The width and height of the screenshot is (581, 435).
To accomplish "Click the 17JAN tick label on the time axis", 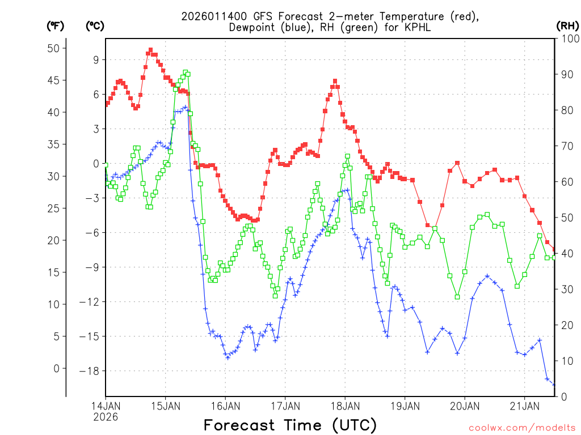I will click(285, 406).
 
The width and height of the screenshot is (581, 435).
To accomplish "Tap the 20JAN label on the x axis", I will click(464, 406).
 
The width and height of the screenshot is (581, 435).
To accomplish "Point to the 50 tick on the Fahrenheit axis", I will click(53, 48).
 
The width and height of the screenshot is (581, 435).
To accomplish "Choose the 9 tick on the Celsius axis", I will click(96, 59).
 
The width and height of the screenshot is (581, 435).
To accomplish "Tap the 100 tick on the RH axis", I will click(567, 39).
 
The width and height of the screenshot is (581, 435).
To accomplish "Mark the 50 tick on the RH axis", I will click(565, 217).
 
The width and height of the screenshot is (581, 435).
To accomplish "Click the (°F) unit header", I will click(56, 25).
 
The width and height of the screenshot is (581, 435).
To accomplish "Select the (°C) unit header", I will click(95, 25).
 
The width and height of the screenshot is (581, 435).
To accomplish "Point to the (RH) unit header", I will click(567, 25).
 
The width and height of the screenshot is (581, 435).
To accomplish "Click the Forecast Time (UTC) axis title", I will click(290, 425).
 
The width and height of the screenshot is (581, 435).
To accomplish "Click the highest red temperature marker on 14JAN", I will click(150, 50).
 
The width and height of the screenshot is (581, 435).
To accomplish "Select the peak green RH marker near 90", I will click(186, 72).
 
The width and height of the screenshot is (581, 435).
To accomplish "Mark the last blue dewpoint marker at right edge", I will click(554, 385).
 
